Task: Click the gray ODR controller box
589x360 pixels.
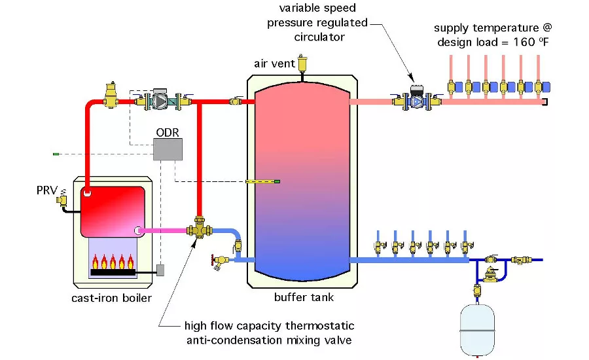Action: click(x=166, y=149)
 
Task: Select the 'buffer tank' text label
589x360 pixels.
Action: click(x=304, y=297)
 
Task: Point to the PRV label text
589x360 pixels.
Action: click(x=47, y=190)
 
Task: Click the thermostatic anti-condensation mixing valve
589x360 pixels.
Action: click(x=197, y=230)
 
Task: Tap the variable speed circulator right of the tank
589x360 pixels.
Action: click(x=416, y=99)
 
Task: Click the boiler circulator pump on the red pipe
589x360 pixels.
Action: click(x=160, y=101)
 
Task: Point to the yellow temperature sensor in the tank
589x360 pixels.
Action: click(x=262, y=181)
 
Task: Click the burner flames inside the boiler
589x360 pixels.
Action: click(x=113, y=262)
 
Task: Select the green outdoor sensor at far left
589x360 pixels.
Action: click(x=56, y=154)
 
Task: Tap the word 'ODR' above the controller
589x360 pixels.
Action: click(x=167, y=132)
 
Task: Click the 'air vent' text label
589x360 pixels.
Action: click(x=270, y=63)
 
